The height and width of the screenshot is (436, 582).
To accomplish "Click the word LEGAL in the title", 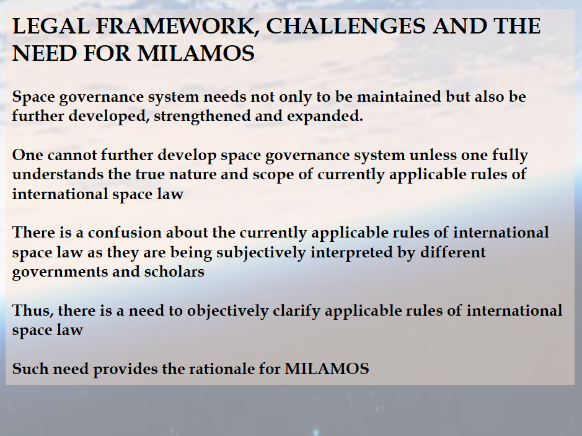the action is [x=51, y=26].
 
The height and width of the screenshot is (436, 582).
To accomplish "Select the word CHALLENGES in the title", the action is [x=346, y=26].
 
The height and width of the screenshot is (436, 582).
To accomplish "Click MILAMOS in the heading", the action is [x=196, y=53].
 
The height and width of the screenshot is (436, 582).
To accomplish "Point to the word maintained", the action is [x=399, y=97].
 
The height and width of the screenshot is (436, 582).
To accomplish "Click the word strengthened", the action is [x=202, y=116].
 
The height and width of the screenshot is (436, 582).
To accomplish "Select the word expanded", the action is [x=325, y=116].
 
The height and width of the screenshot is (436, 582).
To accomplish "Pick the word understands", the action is [x=58, y=174].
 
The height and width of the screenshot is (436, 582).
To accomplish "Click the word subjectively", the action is [x=261, y=252].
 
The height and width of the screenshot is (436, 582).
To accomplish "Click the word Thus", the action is [x=33, y=311].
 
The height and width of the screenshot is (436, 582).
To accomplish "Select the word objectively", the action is [x=227, y=311].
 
